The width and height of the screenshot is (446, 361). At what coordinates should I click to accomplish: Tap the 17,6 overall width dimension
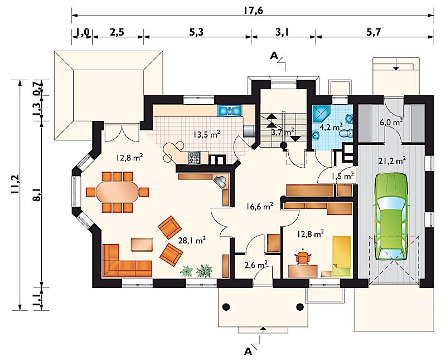point(253,10)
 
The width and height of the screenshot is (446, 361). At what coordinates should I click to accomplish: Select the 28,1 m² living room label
point(192,241)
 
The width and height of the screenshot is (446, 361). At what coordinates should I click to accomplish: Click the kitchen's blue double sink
point(230,110)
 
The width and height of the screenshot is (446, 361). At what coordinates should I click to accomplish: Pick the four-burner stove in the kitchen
point(195,157)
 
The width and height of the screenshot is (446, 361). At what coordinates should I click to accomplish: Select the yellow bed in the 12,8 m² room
point(342,256)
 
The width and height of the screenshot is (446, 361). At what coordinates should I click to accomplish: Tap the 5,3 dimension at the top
point(196,32)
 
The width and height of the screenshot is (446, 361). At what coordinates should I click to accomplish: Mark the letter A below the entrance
point(248,352)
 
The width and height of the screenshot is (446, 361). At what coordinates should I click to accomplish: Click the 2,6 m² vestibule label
point(256,265)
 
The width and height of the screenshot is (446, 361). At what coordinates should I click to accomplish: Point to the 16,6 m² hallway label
point(260,206)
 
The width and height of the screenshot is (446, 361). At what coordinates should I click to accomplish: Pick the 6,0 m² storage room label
point(391,123)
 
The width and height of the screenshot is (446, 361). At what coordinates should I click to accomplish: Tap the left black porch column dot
point(226,307)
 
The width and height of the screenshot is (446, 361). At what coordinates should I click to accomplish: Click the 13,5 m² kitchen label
point(206,134)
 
